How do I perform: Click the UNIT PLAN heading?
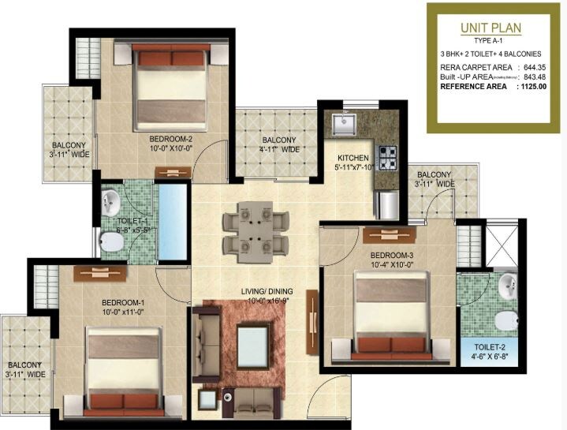(492, 28)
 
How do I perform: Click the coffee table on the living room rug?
(252, 346)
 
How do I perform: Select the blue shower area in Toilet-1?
(173, 222)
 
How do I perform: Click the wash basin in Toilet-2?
(506, 284)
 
